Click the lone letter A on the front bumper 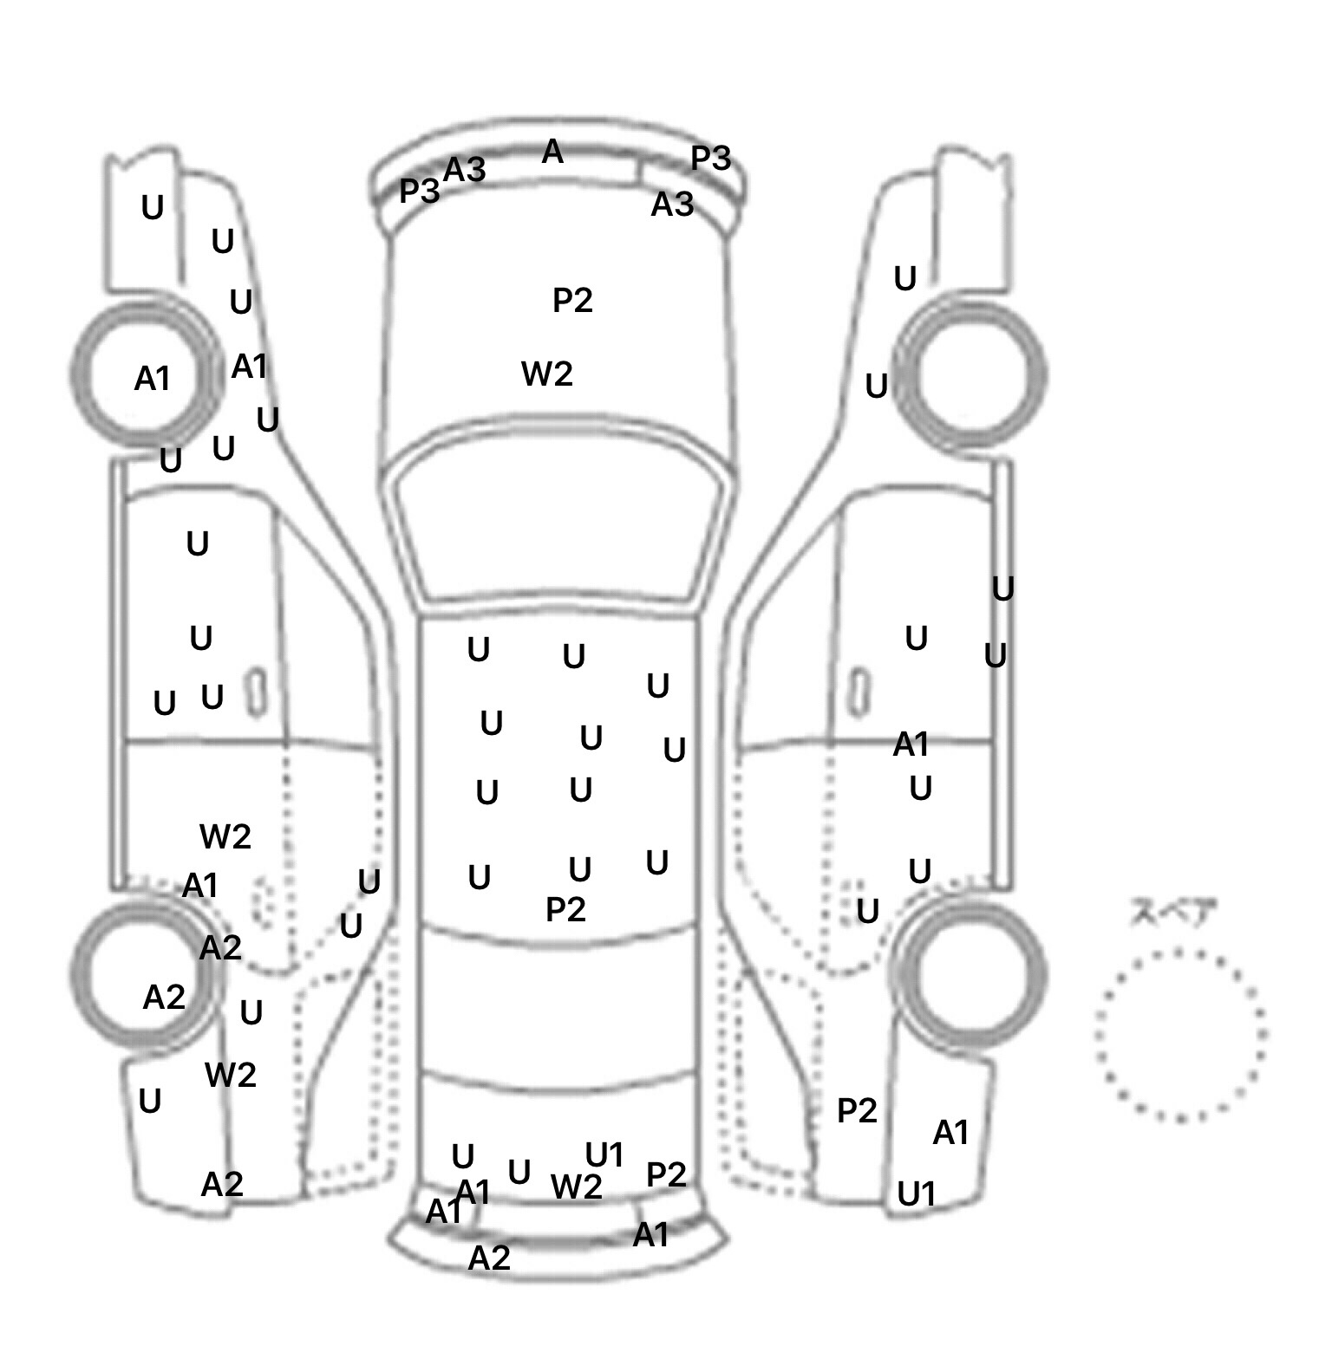click(x=552, y=153)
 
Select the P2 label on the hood click(x=572, y=301)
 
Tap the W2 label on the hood click(x=547, y=374)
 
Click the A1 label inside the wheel click(x=152, y=379)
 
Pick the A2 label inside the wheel click(x=164, y=998)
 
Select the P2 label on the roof click(x=565, y=909)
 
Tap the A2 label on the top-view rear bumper click(x=489, y=1258)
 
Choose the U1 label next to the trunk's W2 click(x=604, y=1154)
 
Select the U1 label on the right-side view click(x=917, y=1194)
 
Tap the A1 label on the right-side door click(x=911, y=744)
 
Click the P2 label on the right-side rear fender click(x=857, y=1110)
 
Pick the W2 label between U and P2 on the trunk click(x=577, y=1187)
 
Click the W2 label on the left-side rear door click(x=225, y=836)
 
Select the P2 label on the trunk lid click(x=666, y=1174)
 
